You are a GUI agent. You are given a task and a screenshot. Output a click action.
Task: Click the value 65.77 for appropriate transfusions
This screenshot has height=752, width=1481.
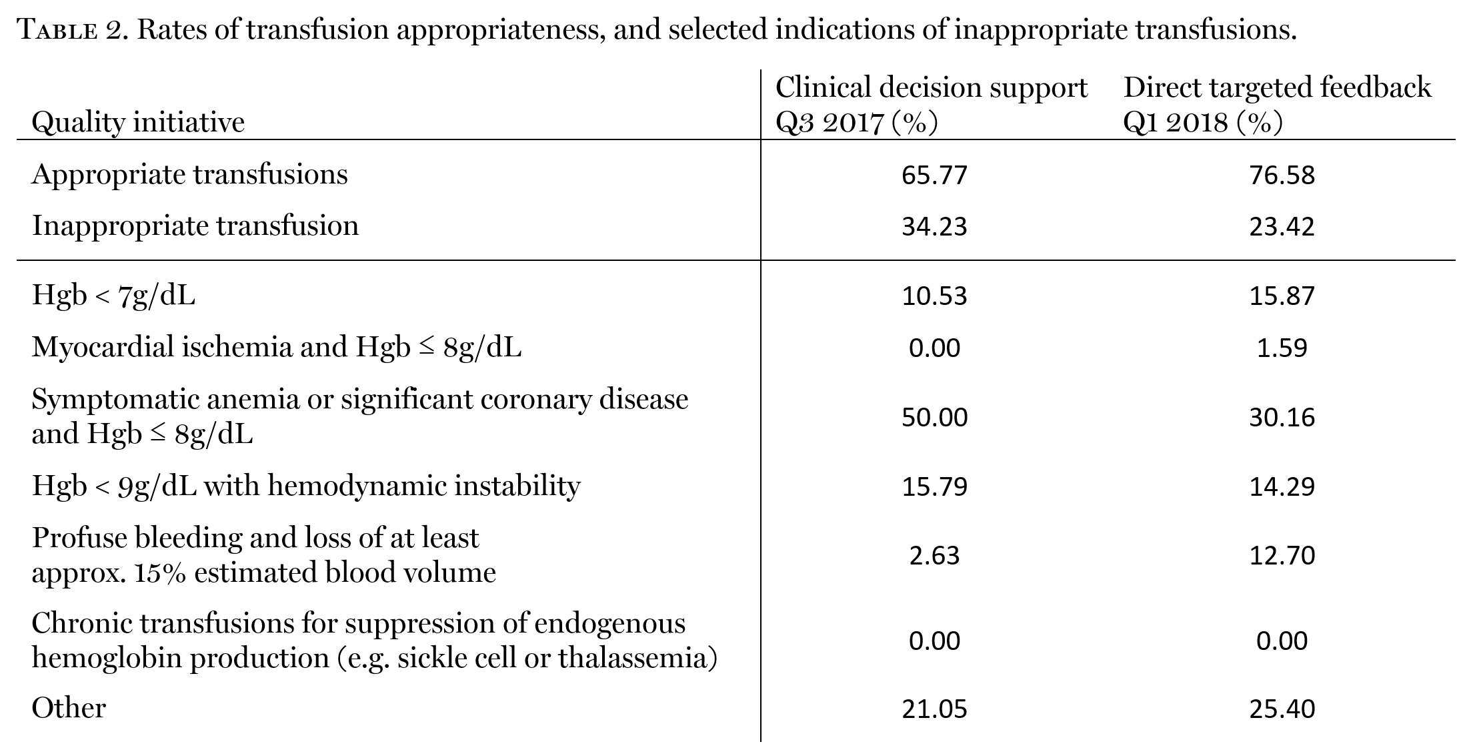pos(934,175)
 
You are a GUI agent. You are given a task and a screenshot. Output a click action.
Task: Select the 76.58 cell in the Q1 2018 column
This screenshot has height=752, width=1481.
pos(1282,175)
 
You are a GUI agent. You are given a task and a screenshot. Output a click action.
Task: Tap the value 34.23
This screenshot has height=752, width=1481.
pos(934,226)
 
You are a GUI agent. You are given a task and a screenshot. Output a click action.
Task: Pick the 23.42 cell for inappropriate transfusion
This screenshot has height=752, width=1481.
pos(1282,226)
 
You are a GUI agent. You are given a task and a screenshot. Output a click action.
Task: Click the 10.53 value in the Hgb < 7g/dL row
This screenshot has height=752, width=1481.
pos(934,296)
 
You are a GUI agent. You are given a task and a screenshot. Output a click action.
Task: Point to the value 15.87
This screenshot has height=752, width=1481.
pos(1282,296)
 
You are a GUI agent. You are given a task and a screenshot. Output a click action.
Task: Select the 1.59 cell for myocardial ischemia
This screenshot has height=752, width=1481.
pos(1282,348)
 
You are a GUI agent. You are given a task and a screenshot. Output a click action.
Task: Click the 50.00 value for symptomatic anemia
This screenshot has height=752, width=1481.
pos(934,417)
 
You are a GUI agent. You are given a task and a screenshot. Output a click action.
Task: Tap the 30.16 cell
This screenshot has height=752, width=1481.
pos(1282,417)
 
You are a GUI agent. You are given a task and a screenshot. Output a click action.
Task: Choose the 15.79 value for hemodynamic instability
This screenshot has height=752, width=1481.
pos(934,486)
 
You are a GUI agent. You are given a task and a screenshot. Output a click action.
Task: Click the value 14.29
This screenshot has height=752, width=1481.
pos(1282,486)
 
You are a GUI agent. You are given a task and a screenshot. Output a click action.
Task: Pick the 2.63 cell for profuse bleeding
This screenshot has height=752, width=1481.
pos(934,555)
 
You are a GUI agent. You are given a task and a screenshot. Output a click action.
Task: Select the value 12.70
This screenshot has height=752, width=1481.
pos(1282,555)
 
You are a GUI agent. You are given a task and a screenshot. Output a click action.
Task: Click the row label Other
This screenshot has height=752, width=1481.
pos(69,708)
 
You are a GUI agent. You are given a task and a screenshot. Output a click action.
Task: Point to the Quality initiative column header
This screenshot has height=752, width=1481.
pos(138,122)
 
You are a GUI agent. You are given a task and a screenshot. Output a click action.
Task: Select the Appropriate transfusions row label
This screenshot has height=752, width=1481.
pos(190,175)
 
